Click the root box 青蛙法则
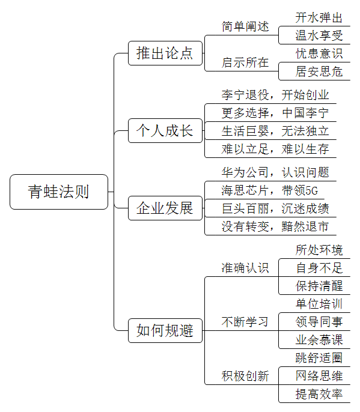coord(59,192)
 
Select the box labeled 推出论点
coord(165,53)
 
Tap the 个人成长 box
coord(165,130)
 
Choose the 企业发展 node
coord(165,208)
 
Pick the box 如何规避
coord(165,330)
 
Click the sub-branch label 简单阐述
coord(245,26)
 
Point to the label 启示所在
coord(245,62)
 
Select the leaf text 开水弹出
coord(319,17)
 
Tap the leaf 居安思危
coord(319,71)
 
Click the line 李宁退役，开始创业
coord(275,95)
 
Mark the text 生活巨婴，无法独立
coord(275,131)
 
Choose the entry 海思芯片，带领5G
coord(269,190)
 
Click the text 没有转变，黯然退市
coord(275,226)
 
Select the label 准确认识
coord(245,268)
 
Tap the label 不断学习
coord(245,322)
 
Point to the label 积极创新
coord(245,376)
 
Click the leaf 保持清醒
coord(319,286)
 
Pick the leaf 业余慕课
coord(319,340)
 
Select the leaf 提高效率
coord(319,394)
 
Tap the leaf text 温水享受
coord(319,35)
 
